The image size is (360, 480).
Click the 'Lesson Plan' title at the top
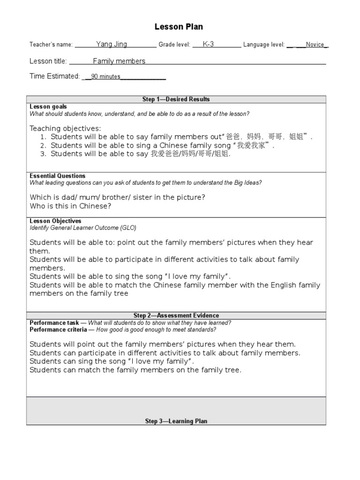(179, 27)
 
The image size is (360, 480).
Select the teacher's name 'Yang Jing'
(112, 45)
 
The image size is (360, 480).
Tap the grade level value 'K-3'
(208, 45)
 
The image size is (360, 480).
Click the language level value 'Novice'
(315, 45)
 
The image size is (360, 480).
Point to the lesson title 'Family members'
(119, 61)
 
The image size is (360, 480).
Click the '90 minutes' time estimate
(105, 77)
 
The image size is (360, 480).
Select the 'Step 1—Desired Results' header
(176, 99)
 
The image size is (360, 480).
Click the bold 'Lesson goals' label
(48, 107)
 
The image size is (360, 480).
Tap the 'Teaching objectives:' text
(65, 128)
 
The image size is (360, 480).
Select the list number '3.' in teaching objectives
(43, 154)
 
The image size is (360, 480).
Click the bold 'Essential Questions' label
(57, 176)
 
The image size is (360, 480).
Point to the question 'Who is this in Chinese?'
(70, 206)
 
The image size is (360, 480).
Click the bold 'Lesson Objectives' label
(55, 221)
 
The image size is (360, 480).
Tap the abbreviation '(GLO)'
(127, 228)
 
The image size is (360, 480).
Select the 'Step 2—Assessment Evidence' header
(176, 315)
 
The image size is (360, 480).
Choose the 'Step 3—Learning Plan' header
(176, 421)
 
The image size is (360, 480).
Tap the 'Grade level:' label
(174, 45)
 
